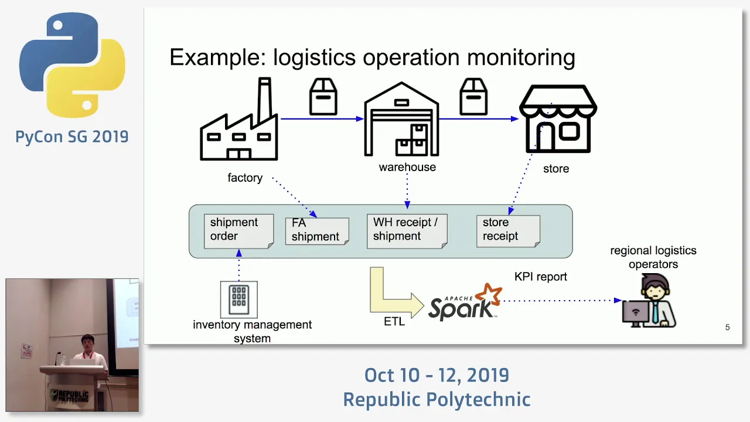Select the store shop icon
pyautogui.click(x=558, y=119)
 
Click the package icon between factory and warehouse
pyautogui.click(x=323, y=97)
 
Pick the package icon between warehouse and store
pyautogui.click(x=473, y=97)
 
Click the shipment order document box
pyautogui.click(x=238, y=231)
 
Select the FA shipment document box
pyautogui.click(x=317, y=231)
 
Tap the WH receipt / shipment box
pyautogui.click(x=407, y=231)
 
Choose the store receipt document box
pyautogui.click(x=508, y=231)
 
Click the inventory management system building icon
pyautogui.click(x=238, y=300)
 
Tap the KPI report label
pyautogui.click(x=540, y=277)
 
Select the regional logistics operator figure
pyautogui.click(x=649, y=301)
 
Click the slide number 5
pyautogui.click(x=727, y=327)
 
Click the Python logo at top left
pyautogui.click(x=72, y=65)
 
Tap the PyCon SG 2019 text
pyautogui.click(x=72, y=137)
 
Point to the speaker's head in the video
pyautogui.click(x=88, y=342)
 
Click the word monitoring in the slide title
pyautogui.click(x=521, y=57)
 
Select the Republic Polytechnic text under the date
pyautogui.click(x=437, y=400)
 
